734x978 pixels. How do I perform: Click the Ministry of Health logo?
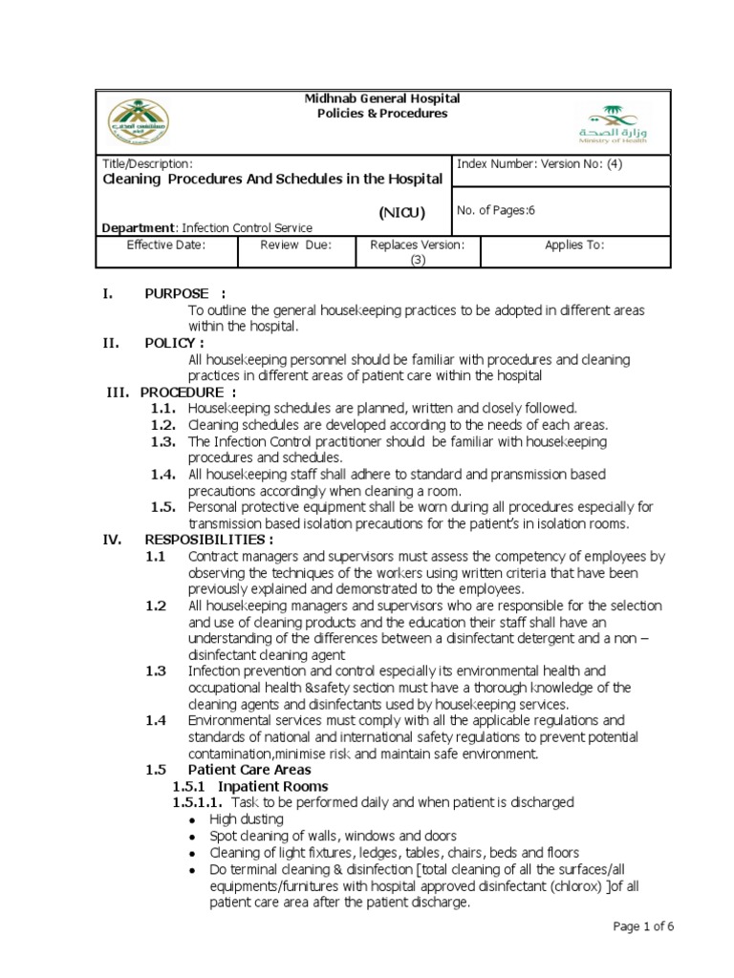(x=612, y=122)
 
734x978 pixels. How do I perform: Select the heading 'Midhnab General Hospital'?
(x=381, y=98)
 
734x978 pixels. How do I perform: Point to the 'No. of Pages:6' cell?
(x=495, y=211)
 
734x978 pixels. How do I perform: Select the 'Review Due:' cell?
(x=295, y=244)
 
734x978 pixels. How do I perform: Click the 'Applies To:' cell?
(x=573, y=244)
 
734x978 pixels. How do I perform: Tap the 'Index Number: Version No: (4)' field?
(x=539, y=163)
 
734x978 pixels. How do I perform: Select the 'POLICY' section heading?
(x=174, y=343)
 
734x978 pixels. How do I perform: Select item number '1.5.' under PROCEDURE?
(x=164, y=506)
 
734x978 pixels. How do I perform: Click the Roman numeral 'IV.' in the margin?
(x=112, y=539)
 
